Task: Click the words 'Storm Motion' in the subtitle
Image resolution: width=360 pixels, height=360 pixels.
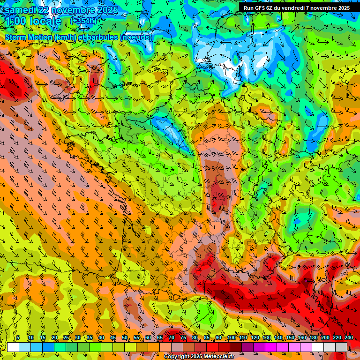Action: (29, 37)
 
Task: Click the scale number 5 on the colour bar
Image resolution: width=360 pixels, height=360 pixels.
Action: (18, 338)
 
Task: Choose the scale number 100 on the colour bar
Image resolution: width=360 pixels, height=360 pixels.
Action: (231, 338)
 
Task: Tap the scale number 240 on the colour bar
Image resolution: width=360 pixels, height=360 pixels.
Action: (349, 338)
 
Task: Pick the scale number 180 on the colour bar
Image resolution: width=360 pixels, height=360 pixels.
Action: (313, 338)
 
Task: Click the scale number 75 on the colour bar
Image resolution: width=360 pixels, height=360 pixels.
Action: (183, 338)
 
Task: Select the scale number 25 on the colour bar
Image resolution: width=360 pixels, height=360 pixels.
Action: (66, 338)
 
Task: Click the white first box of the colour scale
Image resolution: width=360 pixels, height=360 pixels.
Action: (13, 347)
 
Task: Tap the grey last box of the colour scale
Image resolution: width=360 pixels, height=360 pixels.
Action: (341, 347)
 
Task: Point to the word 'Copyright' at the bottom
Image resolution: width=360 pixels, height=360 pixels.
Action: (176, 357)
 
